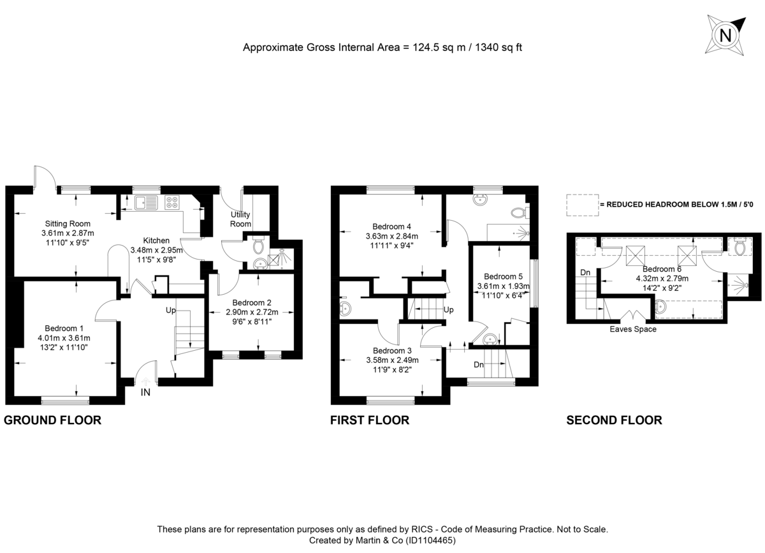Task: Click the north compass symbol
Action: [725, 36]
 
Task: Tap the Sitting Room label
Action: [67, 224]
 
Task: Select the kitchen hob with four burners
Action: [172, 202]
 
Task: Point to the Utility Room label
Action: [240, 219]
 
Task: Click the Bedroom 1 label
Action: [64, 328]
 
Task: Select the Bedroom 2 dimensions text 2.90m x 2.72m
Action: [252, 313]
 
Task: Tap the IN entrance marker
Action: [145, 392]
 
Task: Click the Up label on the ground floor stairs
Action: [171, 310]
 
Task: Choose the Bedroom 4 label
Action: [391, 226]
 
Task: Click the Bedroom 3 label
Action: [392, 350]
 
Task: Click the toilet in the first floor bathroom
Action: [519, 212]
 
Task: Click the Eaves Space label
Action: [632, 329]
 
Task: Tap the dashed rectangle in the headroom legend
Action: [581, 204]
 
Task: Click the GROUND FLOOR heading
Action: [53, 420]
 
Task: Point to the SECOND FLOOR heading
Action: [614, 420]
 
